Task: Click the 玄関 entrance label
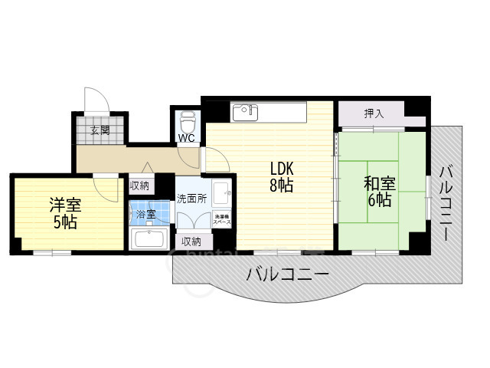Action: coord(100,130)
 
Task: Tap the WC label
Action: coord(186,139)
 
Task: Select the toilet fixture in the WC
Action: coord(188,121)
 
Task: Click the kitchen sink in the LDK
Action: coord(245,112)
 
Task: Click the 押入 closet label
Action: coord(374,114)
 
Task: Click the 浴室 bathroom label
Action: coord(145,215)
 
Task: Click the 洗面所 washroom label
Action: coord(192,199)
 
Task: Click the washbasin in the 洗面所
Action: coord(224,192)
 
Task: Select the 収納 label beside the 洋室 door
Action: coord(139,185)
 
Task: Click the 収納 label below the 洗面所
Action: coord(191,241)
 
